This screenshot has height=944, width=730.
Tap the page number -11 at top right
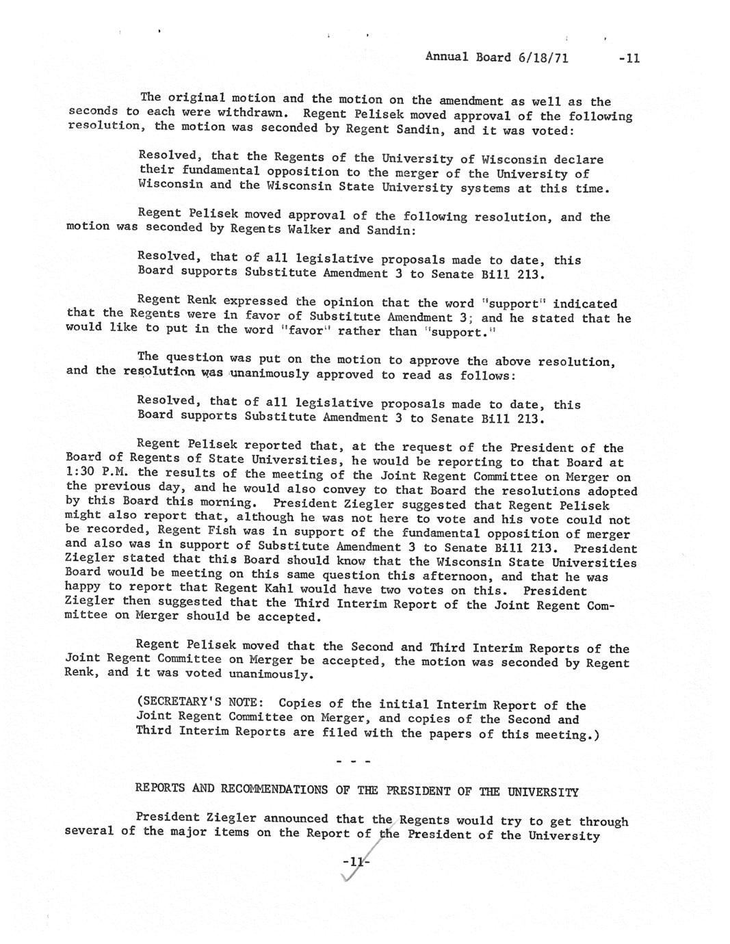[x=627, y=58]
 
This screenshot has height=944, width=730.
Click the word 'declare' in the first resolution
[x=578, y=159]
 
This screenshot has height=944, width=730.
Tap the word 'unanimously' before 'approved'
[x=271, y=374]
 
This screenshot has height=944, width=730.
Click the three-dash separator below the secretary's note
[x=353, y=761]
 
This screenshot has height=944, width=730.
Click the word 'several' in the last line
[x=90, y=831]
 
